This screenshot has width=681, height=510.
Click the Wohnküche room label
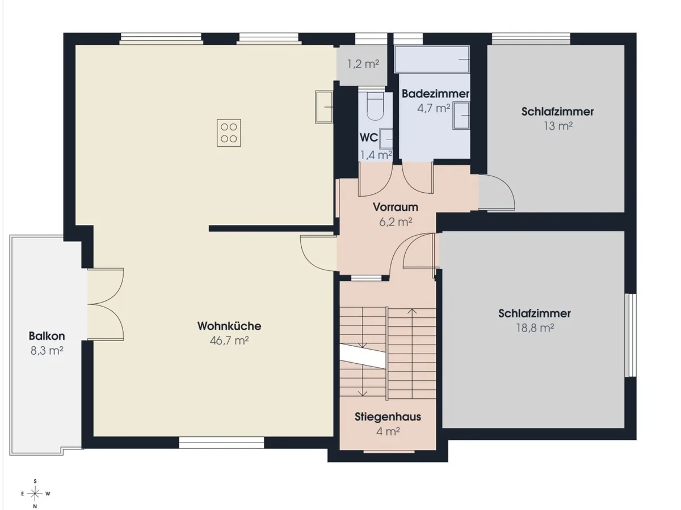click(229, 326)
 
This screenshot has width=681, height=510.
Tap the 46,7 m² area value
click(229, 341)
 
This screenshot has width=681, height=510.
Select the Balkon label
click(47, 336)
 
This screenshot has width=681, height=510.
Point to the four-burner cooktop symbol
click(229, 133)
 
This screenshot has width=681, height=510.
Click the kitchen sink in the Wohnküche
click(324, 107)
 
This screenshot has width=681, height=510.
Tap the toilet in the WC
click(375, 106)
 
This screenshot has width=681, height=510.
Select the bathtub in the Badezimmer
click(431, 59)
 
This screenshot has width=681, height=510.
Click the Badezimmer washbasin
click(461, 116)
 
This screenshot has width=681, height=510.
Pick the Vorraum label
click(396, 207)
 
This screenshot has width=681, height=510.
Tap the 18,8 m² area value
click(535, 328)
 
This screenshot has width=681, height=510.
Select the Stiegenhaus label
click(388, 417)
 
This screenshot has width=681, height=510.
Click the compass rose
click(35, 493)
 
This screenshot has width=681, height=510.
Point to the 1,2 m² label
click(363, 64)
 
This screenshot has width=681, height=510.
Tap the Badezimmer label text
click(435, 94)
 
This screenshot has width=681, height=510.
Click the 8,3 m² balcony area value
click(47, 351)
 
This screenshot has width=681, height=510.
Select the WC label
click(368, 138)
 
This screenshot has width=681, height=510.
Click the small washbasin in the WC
click(386, 139)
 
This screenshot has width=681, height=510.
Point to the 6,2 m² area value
click(396, 222)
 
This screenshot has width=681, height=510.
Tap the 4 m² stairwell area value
click(388, 431)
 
